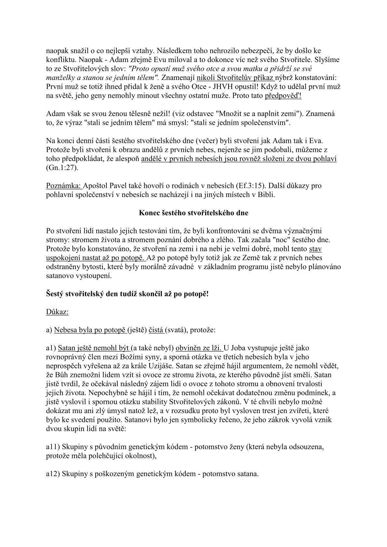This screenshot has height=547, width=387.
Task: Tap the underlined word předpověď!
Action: tap(283, 97)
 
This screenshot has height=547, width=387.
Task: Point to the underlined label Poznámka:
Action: tap(64, 186)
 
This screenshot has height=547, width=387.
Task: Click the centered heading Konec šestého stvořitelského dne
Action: tap(193, 213)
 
